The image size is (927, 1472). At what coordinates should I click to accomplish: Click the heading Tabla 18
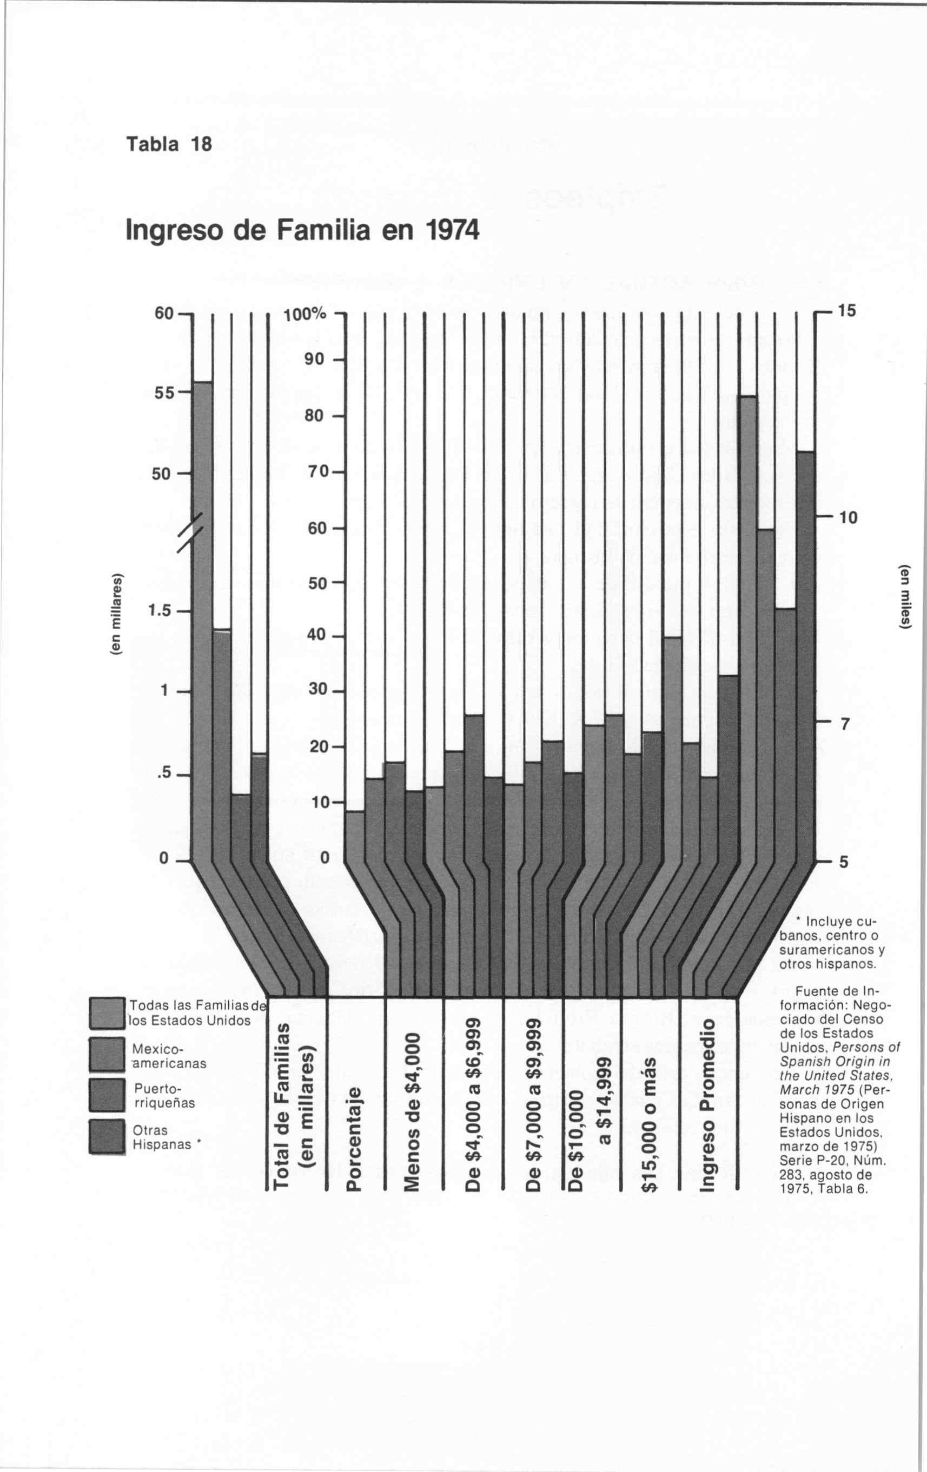click(169, 144)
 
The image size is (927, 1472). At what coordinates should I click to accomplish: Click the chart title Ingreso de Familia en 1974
click(302, 231)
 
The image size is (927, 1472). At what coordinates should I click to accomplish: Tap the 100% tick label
click(305, 316)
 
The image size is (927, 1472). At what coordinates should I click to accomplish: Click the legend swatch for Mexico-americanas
click(107, 1055)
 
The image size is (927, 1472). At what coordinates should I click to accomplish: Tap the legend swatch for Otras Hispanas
click(107, 1136)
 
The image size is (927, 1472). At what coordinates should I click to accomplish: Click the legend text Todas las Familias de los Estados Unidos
click(191, 1014)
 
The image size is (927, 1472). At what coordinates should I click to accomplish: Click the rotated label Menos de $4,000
click(413, 1111)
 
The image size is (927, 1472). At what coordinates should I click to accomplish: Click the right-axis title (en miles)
click(904, 596)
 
